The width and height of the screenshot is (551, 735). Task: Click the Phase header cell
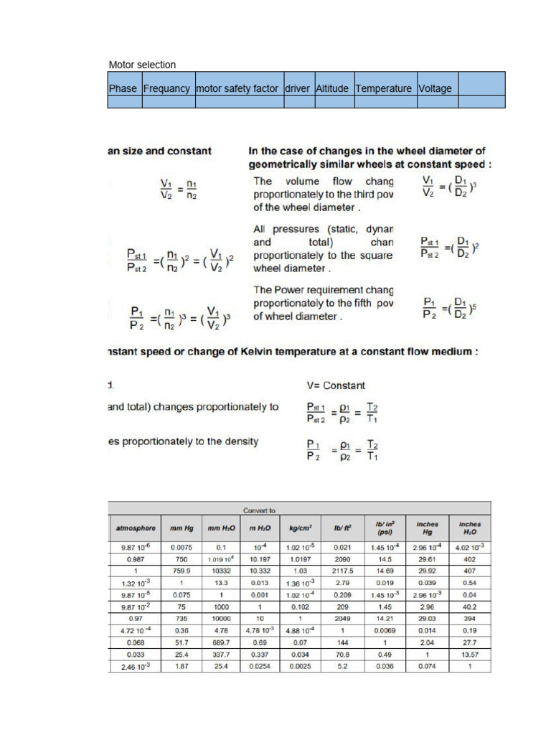point(123,89)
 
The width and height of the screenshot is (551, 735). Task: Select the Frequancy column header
point(166,89)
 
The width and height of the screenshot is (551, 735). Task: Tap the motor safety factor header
point(237,89)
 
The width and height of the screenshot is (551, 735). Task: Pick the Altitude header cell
point(332,89)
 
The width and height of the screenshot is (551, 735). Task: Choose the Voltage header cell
point(435,89)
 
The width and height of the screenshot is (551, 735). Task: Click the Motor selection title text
point(142,65)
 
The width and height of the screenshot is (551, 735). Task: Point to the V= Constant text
point(336,385)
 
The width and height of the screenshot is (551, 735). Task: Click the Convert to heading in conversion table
point(259,510)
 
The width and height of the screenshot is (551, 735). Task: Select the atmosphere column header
point(134,528)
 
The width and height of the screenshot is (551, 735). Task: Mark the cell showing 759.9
point(182,570)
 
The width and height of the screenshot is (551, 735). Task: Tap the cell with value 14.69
point(384,570)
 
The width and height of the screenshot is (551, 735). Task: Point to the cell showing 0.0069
point(384,630)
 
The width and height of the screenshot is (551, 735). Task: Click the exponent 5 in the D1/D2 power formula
point(474,307)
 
